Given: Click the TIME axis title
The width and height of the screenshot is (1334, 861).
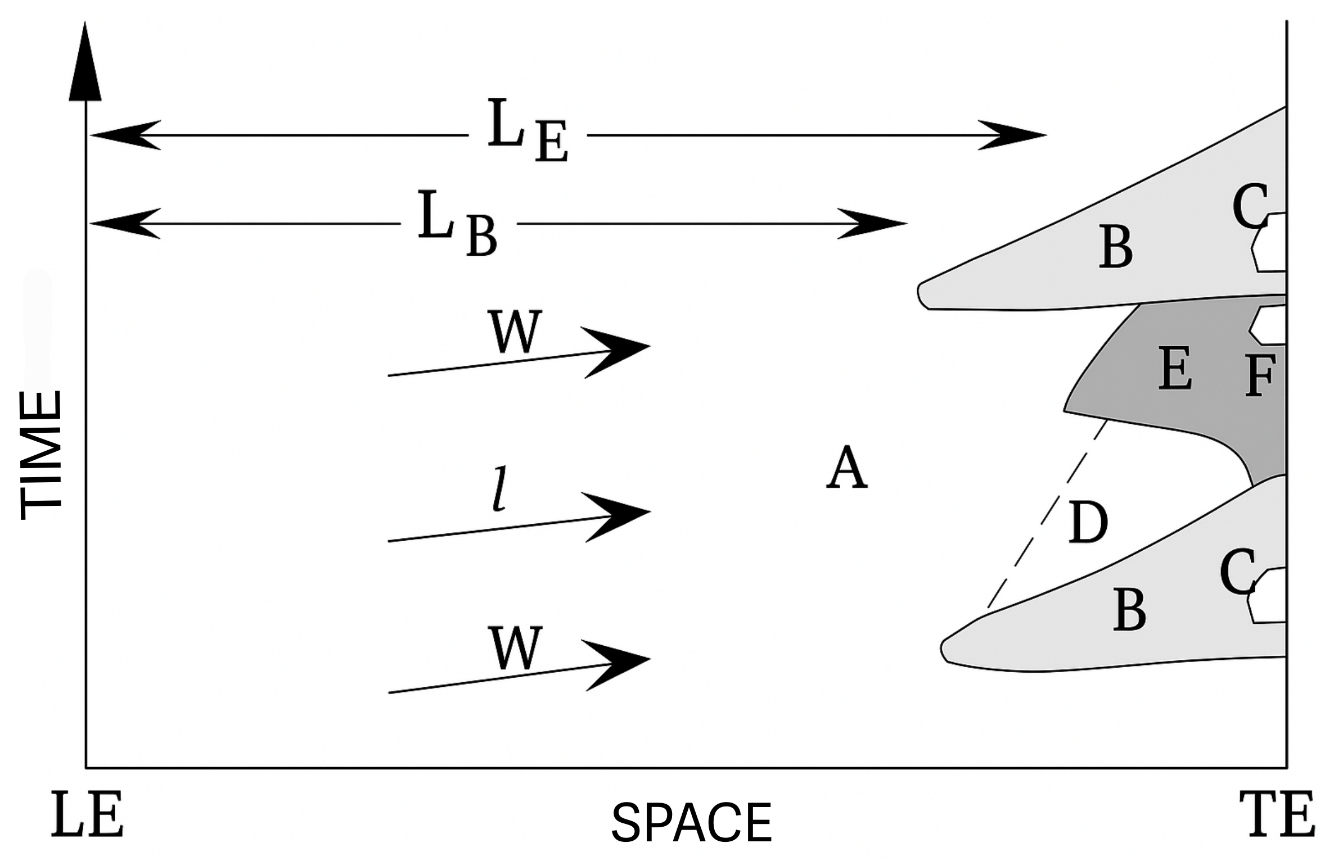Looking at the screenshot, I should tap(40, 455).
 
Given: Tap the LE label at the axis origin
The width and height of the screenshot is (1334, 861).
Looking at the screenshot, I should tap(87, 814).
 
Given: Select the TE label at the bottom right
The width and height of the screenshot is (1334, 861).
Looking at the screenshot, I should tap(1277, 814).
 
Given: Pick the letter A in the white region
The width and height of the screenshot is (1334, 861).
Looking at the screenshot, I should tap(847, 468).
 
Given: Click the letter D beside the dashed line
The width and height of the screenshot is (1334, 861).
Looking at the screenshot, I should tap(1087, 523).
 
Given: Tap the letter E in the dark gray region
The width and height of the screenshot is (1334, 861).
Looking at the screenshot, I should tap(1175, 368).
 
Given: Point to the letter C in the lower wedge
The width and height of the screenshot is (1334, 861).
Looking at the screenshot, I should tap(1237, 572).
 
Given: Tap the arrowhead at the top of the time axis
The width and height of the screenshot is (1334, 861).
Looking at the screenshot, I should tap(85, 65).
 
